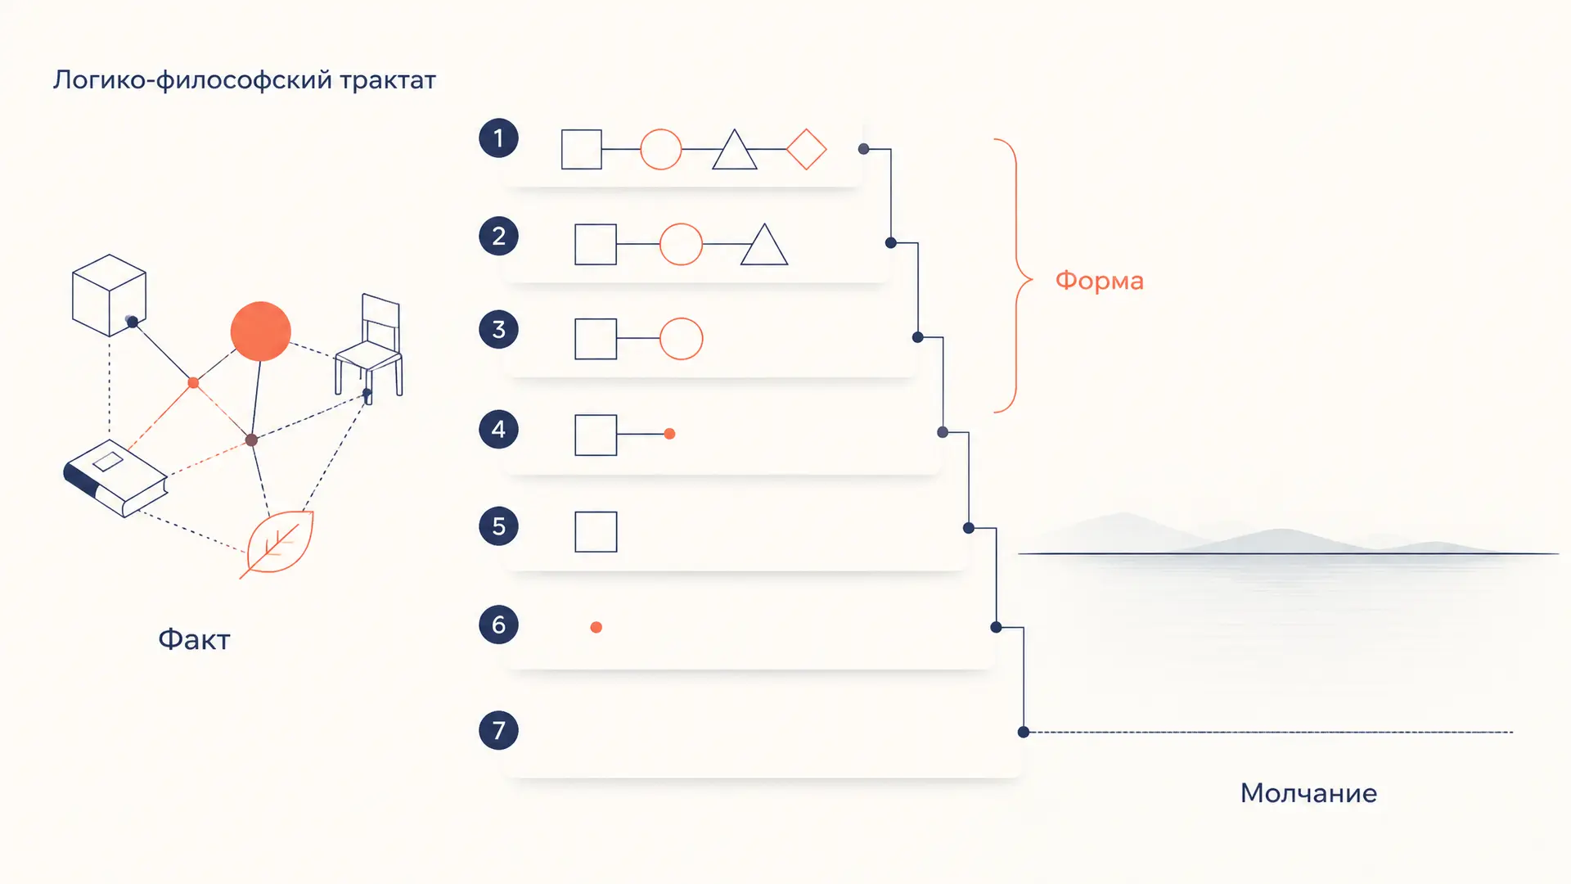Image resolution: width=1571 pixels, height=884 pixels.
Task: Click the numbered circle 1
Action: coord(498,138)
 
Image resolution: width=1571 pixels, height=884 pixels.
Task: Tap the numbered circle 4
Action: coord(498,429)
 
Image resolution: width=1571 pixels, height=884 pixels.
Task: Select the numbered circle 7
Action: coord(498,730)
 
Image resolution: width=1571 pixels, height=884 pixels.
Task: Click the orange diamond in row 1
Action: coord(806,149)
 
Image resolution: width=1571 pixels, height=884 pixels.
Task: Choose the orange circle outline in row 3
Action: coord(681,338)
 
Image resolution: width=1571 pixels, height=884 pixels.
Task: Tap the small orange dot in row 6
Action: coord(596,627)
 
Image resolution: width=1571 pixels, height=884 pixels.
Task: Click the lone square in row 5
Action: coord(596,532)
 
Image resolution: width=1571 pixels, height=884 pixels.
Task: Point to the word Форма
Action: coord(1099,281)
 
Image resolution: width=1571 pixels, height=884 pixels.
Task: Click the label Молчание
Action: coord(1308,792)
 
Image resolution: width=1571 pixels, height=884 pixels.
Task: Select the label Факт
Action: coord(194,639)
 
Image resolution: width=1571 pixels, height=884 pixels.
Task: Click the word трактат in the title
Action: coord(388,80)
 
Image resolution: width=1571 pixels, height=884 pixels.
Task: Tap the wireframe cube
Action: coord(109,295)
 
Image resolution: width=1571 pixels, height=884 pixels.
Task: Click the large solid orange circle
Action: coord(261,331)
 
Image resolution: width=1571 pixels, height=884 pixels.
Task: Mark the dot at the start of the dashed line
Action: coord(1024,732)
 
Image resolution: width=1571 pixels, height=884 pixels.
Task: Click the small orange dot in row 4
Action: coord(670,434)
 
